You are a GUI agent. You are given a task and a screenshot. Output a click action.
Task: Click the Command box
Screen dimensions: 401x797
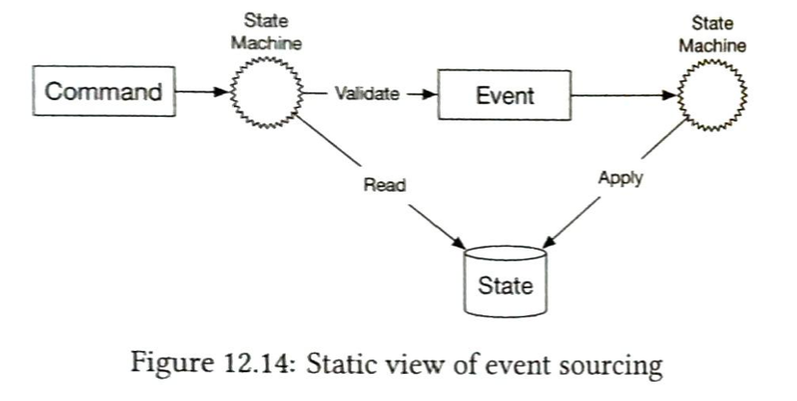(x=104, y=93)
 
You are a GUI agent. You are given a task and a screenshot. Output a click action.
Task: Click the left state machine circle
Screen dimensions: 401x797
(x=265, y=94)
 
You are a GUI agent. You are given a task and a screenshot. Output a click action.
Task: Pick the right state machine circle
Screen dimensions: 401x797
(x=712, y=94)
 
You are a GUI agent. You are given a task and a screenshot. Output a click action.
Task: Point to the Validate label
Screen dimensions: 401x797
(x=366, y=94)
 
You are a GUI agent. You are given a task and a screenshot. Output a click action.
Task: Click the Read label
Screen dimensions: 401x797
(x=384, y=185)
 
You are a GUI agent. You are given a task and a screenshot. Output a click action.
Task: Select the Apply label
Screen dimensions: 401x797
(x=620, y=177)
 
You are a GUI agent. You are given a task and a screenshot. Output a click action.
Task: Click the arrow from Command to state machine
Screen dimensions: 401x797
(x=204, y=94)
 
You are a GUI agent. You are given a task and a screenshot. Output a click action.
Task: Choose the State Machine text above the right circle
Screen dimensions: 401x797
(x=711, y=33)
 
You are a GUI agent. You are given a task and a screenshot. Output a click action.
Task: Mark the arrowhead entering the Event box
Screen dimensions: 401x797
(x=430, y=94)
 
